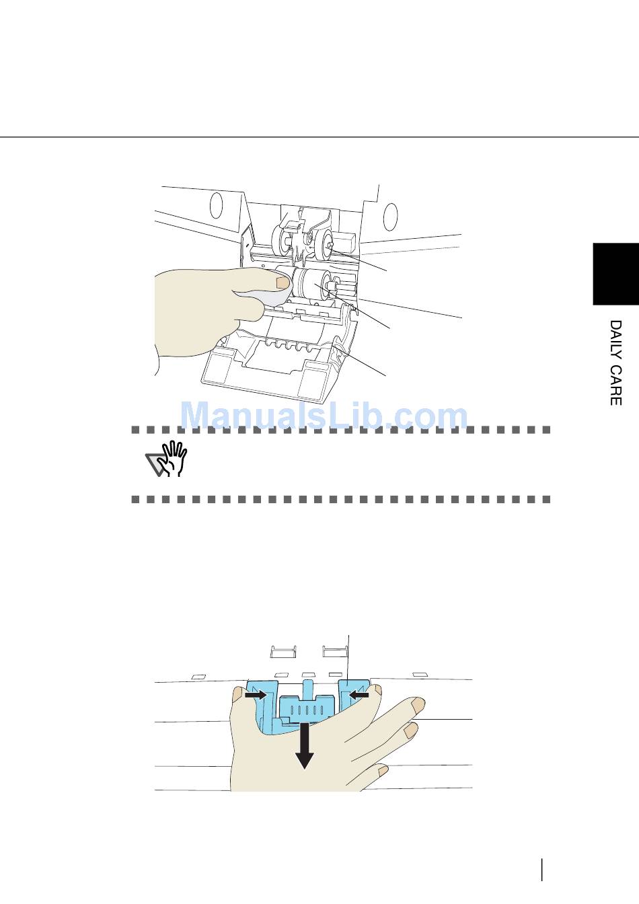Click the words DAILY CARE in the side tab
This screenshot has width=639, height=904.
click(615, 363)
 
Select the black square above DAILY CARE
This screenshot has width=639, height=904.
click(615, 274)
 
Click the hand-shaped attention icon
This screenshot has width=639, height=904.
click(168, 459)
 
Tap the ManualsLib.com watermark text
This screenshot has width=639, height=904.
click(325, 416)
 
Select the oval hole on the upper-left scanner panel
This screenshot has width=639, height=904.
click(216, 205)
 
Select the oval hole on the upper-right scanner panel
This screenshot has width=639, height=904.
click(390, 216)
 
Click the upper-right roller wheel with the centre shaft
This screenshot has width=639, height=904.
click(325, 245)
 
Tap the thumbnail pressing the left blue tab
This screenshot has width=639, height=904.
click(239, 693)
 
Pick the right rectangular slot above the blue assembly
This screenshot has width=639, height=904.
click(334, 651)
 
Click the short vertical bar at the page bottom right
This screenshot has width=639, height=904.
click(541, 868)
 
